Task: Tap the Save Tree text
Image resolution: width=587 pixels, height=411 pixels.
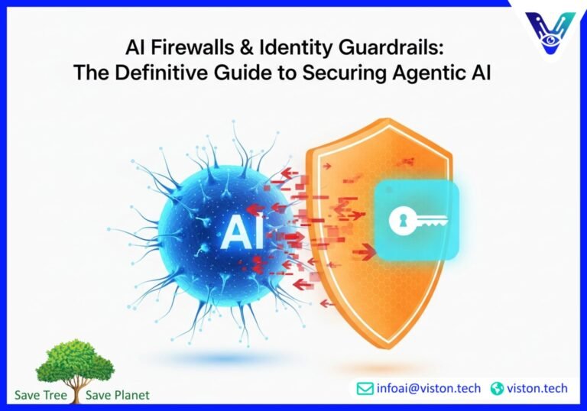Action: (41, 395)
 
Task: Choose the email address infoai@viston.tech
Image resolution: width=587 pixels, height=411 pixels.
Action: (428, 389)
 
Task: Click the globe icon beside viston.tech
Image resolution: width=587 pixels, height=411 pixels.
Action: (497, 389)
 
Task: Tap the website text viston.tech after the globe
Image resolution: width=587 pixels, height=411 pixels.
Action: (537, 389)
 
